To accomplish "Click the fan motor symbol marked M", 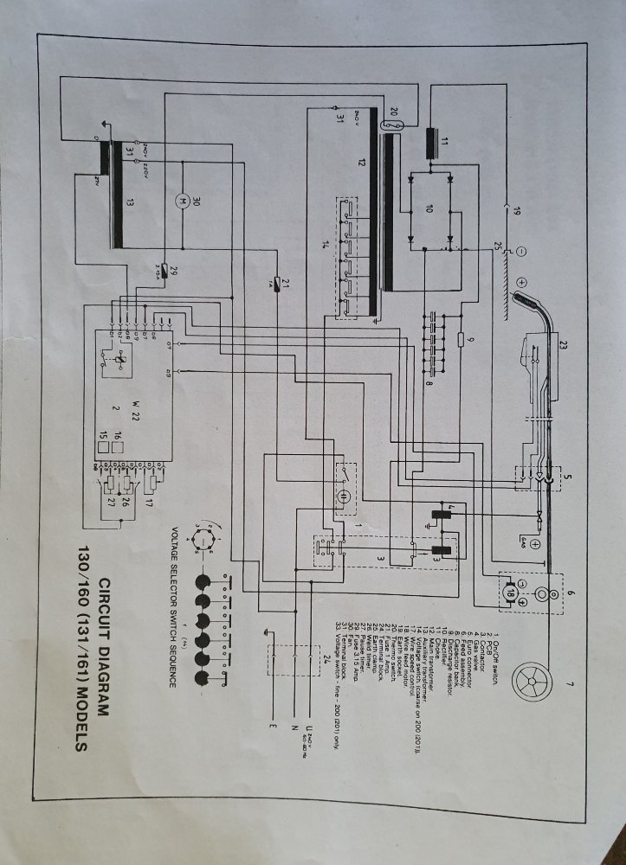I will pos(182,201).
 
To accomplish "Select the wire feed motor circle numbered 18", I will pos(510,596).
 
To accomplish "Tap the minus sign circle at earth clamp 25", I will pos(521,253).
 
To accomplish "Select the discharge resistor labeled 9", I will pos(461,339).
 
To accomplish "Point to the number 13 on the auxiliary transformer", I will pos(130,203).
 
